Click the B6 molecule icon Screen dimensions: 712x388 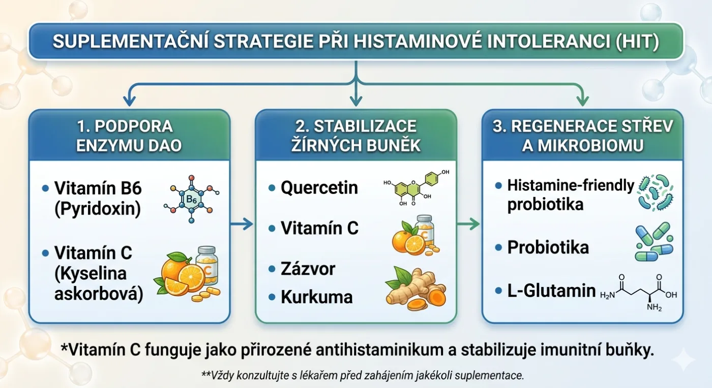pyautogui.click(x=191, y=199)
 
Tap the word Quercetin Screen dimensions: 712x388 pyautogui.click(x=319, y=187)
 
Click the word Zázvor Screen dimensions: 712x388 pyautogui.click(x=308, y=269)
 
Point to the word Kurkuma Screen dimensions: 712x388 pyautogui.click(x=316, y=297)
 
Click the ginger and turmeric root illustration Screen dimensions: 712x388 pyautogui.click(x=416, y=288)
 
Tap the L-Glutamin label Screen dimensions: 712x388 pyautogui.click(x=551, y=290)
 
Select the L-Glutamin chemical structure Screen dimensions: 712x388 pyautogui.click(x=639, y=293)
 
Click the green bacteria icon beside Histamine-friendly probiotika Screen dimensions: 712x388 pyautogui.click(x=656, y=192)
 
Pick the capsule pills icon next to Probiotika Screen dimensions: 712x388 pyautogui.click(x=654, y=241)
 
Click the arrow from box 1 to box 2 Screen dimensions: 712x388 pyautogui.click(x=242, y=224)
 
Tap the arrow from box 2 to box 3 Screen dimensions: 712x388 pyautogui.click(x=468, y=224)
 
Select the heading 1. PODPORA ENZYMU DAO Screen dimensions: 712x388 pyautogui.click(x=128, y=136)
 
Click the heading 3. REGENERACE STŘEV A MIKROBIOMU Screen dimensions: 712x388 pyautogui.click(x=583, y=136)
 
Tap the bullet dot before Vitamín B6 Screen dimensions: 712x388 pyautogui.click(x=45, y=188)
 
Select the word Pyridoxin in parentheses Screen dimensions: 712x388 pyautogui.click(x=98, y=209)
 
